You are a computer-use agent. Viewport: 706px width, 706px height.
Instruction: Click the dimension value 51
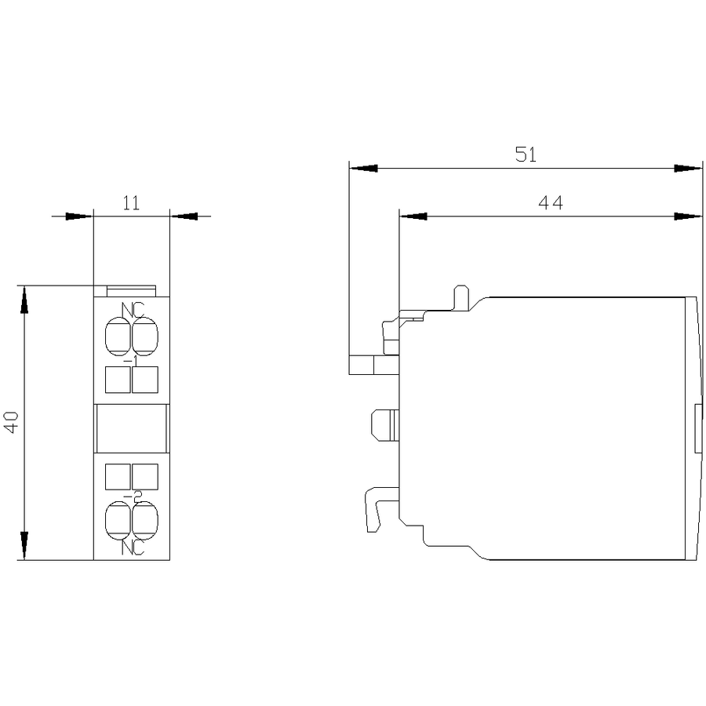[x=526, y=155]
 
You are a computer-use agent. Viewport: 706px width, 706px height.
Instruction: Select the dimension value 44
[x=550, y=203]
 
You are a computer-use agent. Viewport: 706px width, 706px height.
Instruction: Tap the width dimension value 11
[x=132, y=203]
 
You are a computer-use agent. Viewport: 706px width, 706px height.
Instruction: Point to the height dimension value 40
[x=12, y=422]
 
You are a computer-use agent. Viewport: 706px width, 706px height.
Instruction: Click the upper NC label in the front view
[x=133, y=310]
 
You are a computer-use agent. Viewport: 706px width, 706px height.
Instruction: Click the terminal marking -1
[x=132, y=361]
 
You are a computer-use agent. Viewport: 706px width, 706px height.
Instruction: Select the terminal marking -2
[x=133, y=495]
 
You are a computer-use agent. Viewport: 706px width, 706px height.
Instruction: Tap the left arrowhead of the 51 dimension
[x=363, y=169]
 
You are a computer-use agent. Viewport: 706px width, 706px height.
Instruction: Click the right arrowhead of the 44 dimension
[x=689, y=217]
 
